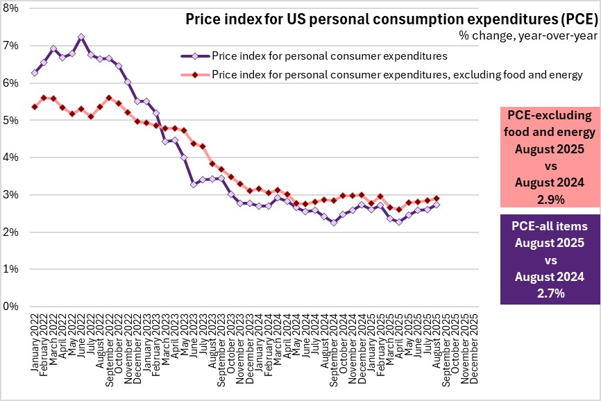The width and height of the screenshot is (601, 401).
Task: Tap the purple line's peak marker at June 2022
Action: point(81,36)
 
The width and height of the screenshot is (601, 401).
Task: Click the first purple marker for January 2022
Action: point(34,72)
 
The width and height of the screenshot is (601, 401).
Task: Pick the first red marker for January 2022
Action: point(34,106)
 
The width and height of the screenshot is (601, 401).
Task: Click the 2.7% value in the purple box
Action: point(550,293)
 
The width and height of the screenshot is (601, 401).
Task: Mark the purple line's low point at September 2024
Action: point(333,223)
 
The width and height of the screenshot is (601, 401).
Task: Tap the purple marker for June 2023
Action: point(194,184)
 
